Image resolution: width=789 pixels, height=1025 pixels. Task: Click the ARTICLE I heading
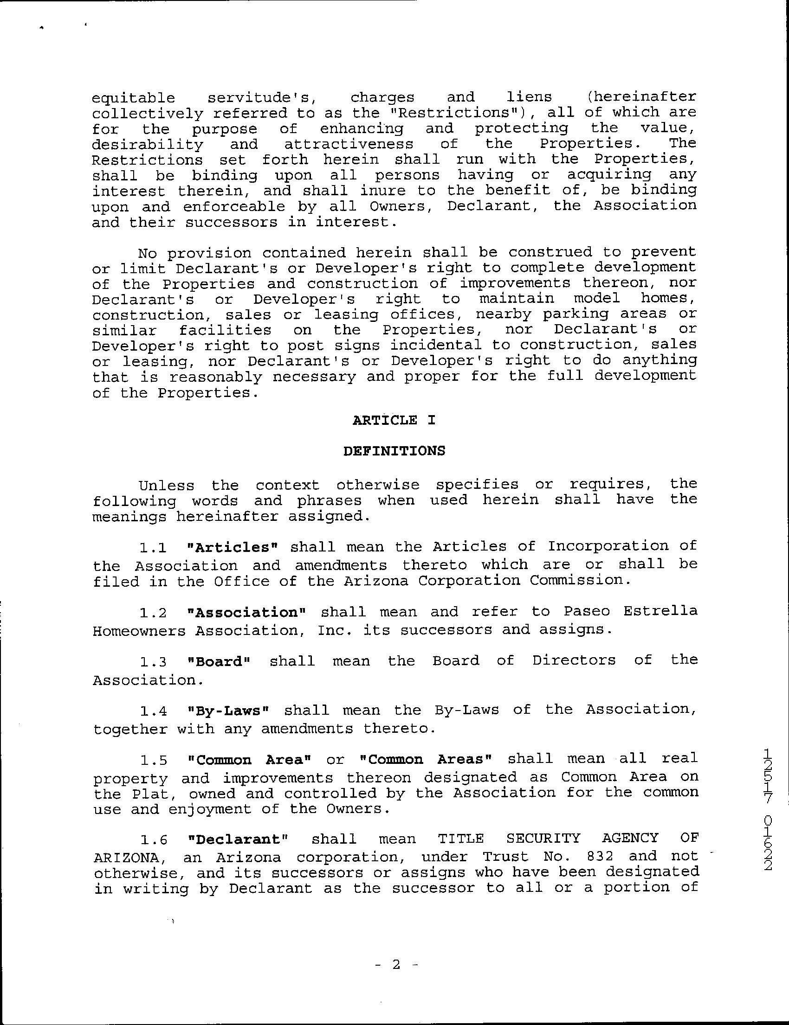click(x=394, y=420)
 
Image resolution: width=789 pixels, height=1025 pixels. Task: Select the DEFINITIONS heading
click(x=394, y=451)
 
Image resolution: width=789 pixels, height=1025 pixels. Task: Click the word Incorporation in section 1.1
click(x=608, y=546)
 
